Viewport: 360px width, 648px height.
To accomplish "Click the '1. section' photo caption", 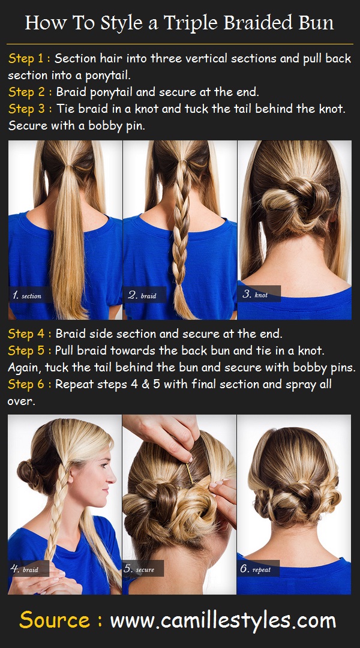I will (27, 295).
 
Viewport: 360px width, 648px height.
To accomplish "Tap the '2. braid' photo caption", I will (142, 295).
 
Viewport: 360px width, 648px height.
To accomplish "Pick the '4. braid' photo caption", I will (25, 569).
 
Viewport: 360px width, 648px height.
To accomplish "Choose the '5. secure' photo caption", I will (139, 569).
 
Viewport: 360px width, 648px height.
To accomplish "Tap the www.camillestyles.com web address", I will (223, 620).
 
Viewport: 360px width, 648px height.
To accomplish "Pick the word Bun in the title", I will (316, 23).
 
